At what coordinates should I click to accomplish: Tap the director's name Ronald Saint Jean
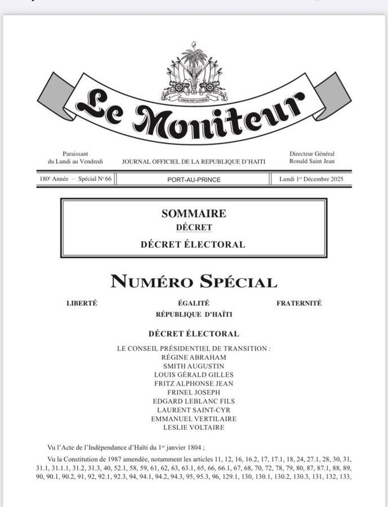312,161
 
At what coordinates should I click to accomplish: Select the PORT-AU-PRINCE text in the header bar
194,180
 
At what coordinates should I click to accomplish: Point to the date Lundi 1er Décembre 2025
311,180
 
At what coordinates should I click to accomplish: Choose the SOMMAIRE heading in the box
194,214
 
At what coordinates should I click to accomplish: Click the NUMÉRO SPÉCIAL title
194,282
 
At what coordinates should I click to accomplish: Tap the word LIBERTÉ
82,303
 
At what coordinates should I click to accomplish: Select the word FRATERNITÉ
299,303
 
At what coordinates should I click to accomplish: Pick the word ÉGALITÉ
194,303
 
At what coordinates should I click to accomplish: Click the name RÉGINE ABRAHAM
194,357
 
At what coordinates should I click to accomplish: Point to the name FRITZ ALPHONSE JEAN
194,384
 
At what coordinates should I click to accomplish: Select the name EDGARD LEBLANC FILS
194,401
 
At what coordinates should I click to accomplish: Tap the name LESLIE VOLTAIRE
194,428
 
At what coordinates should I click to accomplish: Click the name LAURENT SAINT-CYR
194,410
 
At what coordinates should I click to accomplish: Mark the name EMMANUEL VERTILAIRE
194,419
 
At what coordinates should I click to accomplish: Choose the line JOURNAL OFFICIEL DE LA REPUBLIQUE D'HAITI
194,162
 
